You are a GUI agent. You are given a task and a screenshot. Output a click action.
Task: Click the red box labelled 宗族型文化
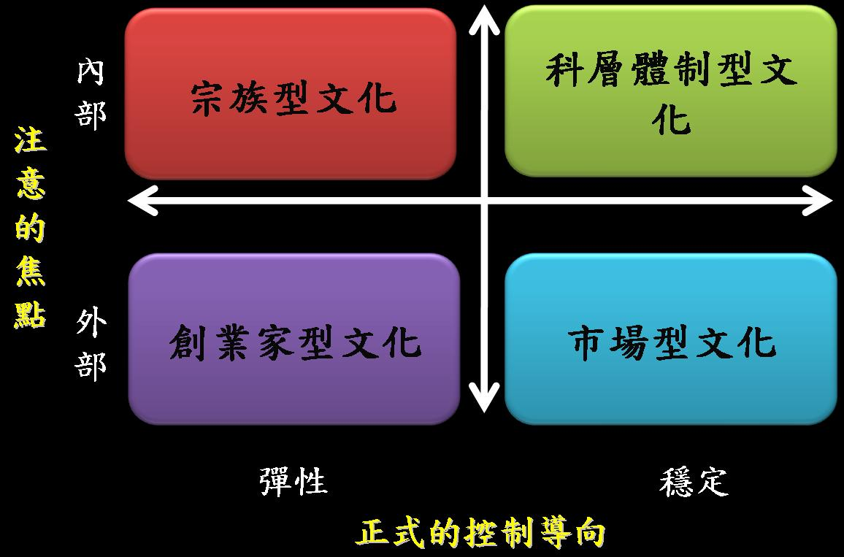pyautogui.click(x=291, y=95)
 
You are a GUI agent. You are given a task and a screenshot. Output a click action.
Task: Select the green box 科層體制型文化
pyautogui.click(x=670, y=91)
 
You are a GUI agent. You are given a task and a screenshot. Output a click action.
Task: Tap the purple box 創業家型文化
pyautogui.click(x=294, y=339)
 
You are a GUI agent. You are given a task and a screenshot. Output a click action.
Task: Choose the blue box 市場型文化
pyautogui.click(x=670, y=339)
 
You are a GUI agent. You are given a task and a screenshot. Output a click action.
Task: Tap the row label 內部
pyautogui.click(x=92, y=93)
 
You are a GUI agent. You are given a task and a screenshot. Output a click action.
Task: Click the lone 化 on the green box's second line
pyautogui.click(x=671, y=118)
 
